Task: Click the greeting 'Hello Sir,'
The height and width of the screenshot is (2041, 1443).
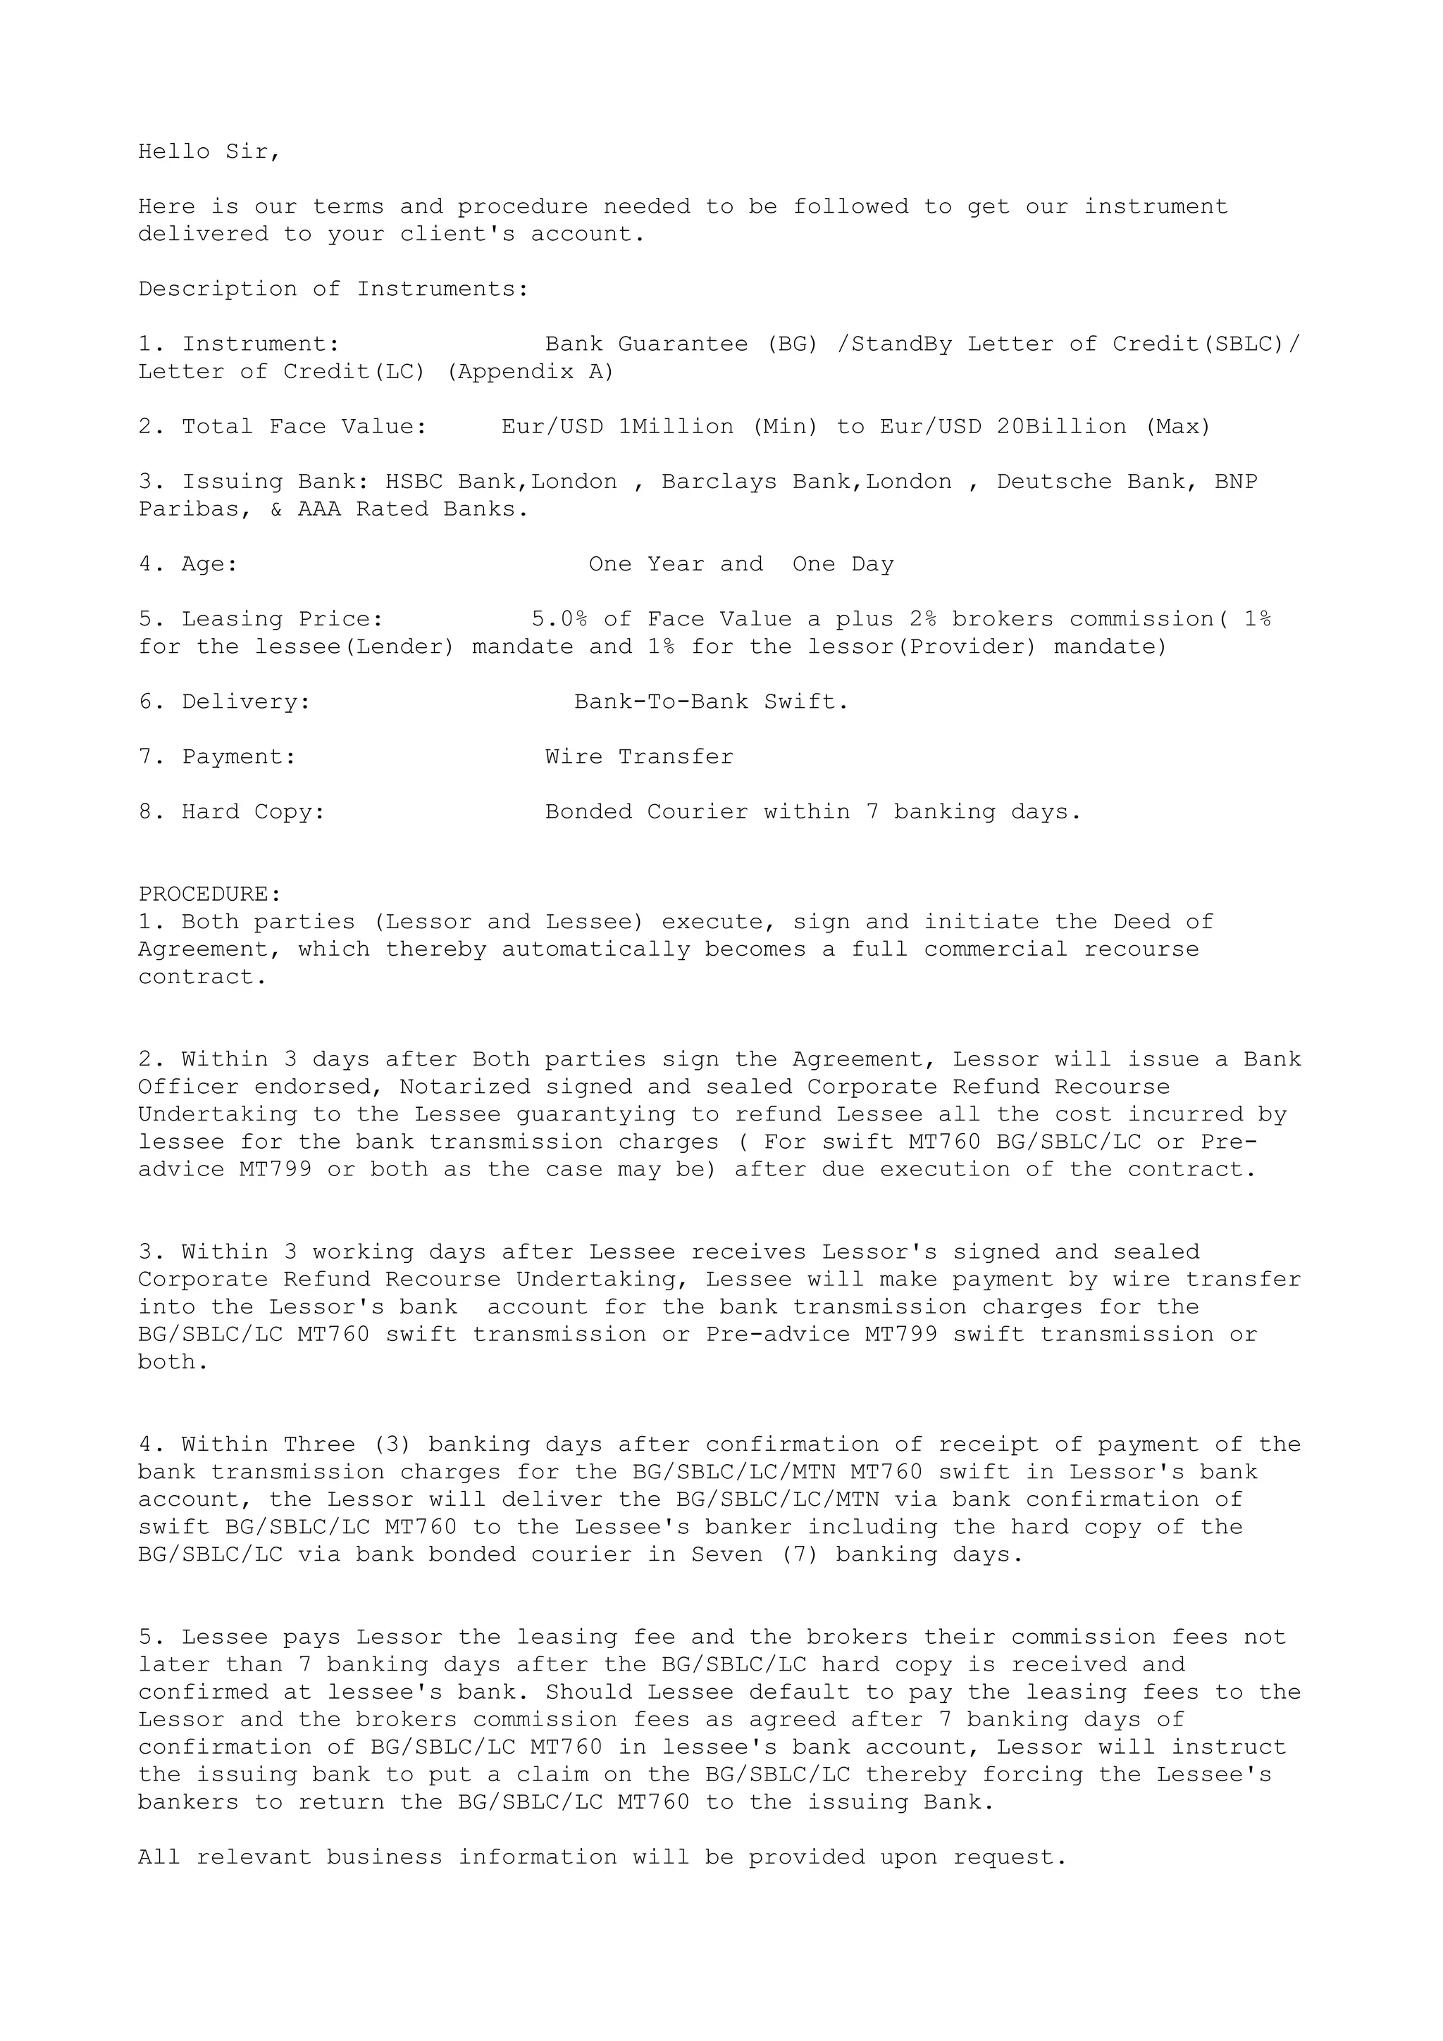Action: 209,152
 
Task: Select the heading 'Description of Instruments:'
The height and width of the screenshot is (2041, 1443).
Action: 333,289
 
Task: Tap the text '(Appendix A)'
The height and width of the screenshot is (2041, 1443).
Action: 530,372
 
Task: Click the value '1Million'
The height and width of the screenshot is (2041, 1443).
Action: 676,427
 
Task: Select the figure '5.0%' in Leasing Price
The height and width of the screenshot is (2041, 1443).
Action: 559,620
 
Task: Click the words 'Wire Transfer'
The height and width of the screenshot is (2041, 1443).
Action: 639,757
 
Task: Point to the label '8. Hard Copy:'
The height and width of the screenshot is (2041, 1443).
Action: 232,813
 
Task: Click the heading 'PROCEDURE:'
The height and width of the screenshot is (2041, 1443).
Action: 210,894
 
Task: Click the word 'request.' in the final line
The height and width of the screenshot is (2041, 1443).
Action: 1010,1858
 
